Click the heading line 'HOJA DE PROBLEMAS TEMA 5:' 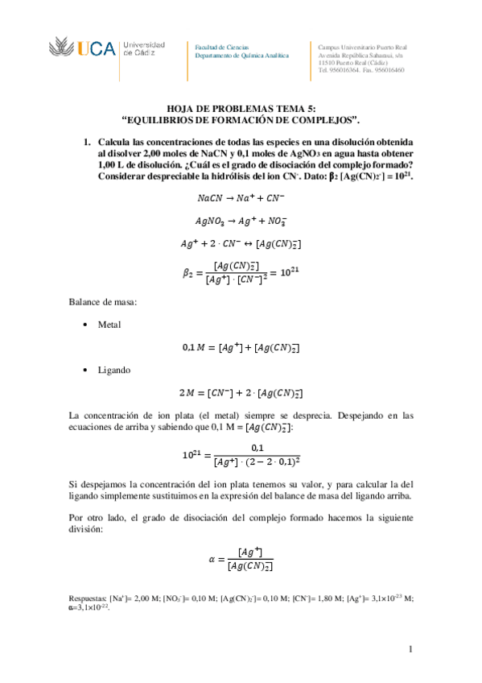tap(241, 107)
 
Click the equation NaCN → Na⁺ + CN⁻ tap(241, 197)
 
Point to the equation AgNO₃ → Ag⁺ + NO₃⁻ tap(241, 220)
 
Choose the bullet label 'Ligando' tap(114, 370)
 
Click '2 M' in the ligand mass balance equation tap(192, 393)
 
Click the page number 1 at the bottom tap(410, 649)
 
